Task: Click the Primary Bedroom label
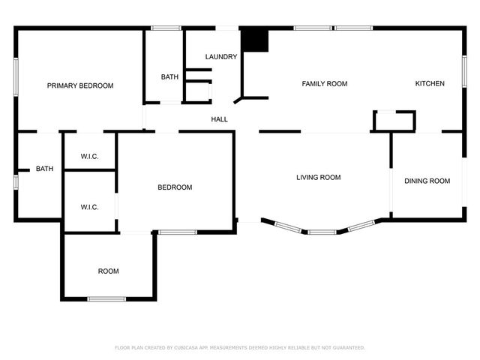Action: pyautogui.click(x=80, y=85)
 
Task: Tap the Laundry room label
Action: pyautogui.click(x=221, y=57)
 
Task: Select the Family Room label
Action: pyautogui.click(x=325, y=84)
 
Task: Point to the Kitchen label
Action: pyautogui.click(x=430, y=84)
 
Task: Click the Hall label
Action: pyautogui.click(x=219, y=119)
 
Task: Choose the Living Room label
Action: pyautogui.click(x=318, y=178)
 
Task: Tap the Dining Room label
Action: pyautogui.click(x=427, y=181)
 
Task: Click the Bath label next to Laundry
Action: pyautogui.click(x=169, y=77)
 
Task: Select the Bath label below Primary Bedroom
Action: pyautogui.click(x=44, y=169)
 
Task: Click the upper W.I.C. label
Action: pyautogui.click(x=90, y=156)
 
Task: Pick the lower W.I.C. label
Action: pyautogui.click(x=90, y=207)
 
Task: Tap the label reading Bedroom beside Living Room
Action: pyautogui.click(x=174, y=187)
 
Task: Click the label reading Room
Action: pyautogui.click(x=108, y=271)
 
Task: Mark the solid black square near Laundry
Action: pyautogui.click(x=255, y=40)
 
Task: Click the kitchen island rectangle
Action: pyautogui.click(x=394, y=121)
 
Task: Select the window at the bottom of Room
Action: pyautogui.click(x=106, y=299)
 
